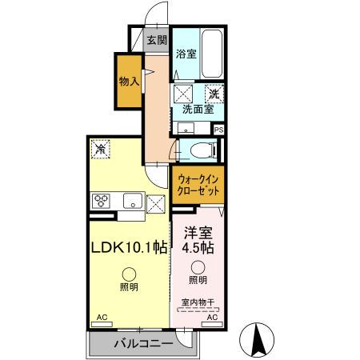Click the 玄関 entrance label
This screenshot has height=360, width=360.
click(156, 39)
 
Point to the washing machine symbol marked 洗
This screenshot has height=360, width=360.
click(214, 94)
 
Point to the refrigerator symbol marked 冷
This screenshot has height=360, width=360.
click(102, 148)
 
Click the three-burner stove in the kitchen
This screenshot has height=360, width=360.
click(104, 201)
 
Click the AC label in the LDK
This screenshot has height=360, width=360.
click(102, 318)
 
